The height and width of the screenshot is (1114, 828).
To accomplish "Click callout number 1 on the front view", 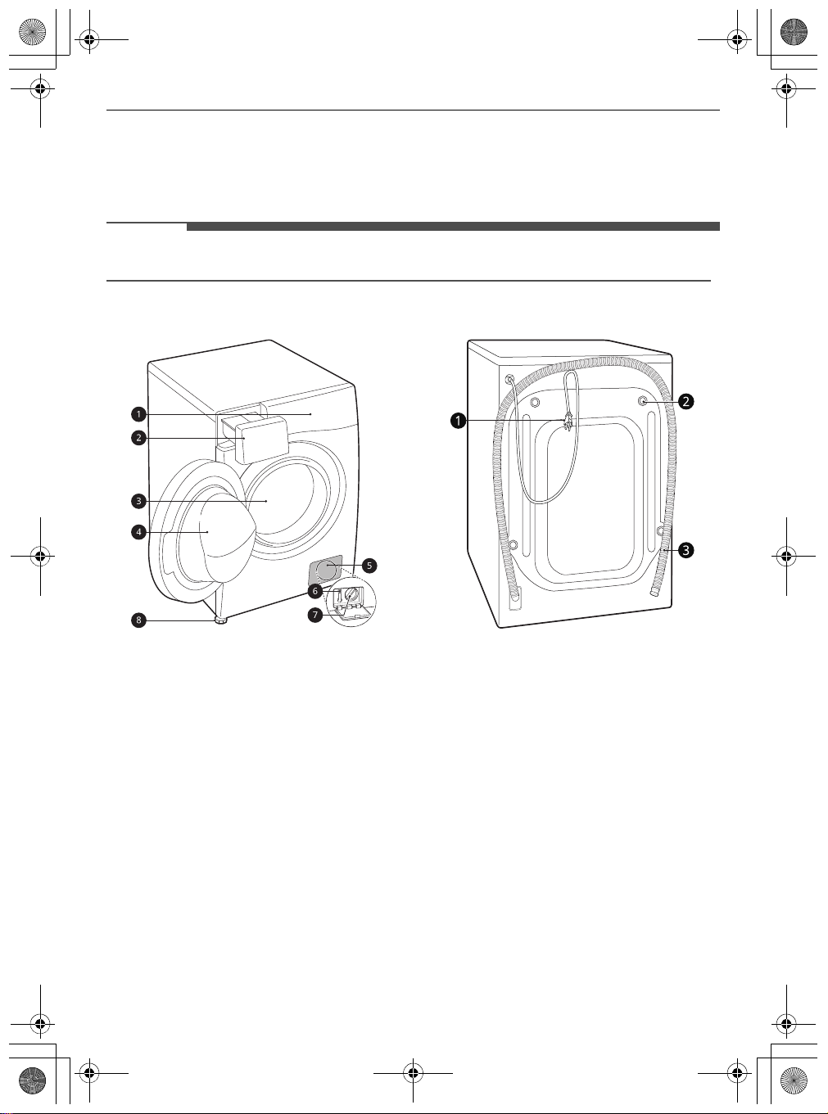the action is [138, 414].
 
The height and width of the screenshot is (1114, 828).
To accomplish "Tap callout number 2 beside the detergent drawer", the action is [138, 437].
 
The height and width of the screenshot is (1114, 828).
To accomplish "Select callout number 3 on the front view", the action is [138, 501].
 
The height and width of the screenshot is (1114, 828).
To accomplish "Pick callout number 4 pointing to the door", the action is [138, 532].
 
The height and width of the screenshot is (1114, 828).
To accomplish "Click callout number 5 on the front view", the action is [369, 566].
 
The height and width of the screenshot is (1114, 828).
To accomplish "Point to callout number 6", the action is [315, 591].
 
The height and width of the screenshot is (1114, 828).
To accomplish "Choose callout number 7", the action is [315, 614].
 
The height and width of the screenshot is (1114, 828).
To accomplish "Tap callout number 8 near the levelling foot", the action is [138, 620].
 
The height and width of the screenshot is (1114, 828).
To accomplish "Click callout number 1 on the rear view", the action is [458, 421].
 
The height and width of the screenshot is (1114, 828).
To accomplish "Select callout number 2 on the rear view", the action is [685, 401].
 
